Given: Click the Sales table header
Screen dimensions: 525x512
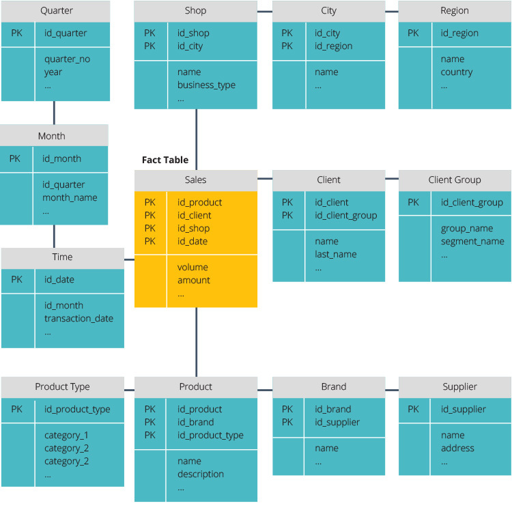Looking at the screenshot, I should (x=195, y=180).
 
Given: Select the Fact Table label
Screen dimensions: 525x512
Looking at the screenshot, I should (x=165, y=160).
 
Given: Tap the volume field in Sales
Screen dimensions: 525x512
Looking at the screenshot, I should (x=193, y=268).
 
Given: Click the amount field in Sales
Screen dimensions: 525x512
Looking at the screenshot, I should (x=194, y=281).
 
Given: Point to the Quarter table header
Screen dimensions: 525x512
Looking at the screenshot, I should (x=56, y=11).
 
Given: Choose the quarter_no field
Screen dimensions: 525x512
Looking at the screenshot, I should (x=67, y=59).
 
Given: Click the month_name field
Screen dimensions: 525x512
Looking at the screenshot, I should (x=70, y=198).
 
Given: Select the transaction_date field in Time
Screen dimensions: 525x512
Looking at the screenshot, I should (x=79, y=319).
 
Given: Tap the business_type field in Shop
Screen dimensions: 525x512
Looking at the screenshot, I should (x=206, y=85).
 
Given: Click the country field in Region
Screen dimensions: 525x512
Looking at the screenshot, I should (x=457, y=72).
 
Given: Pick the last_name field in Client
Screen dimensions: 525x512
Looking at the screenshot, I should (x=335, y=255).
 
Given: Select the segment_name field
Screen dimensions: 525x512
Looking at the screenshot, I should (x=472, y=242).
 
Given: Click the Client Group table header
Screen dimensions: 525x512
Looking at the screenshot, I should (x=454, y=180).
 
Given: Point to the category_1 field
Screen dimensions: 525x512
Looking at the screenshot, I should (x=66, y=436).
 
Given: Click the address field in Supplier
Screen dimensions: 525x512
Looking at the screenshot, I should (x=457, y=449).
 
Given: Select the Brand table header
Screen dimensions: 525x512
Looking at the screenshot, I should (x=333, y=387).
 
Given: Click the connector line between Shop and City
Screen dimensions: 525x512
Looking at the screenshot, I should (x=265, y=11).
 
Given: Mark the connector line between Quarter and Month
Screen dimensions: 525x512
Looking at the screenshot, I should (x=54, y=113).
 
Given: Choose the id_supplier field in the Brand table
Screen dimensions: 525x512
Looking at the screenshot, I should (x=337, y=423).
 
